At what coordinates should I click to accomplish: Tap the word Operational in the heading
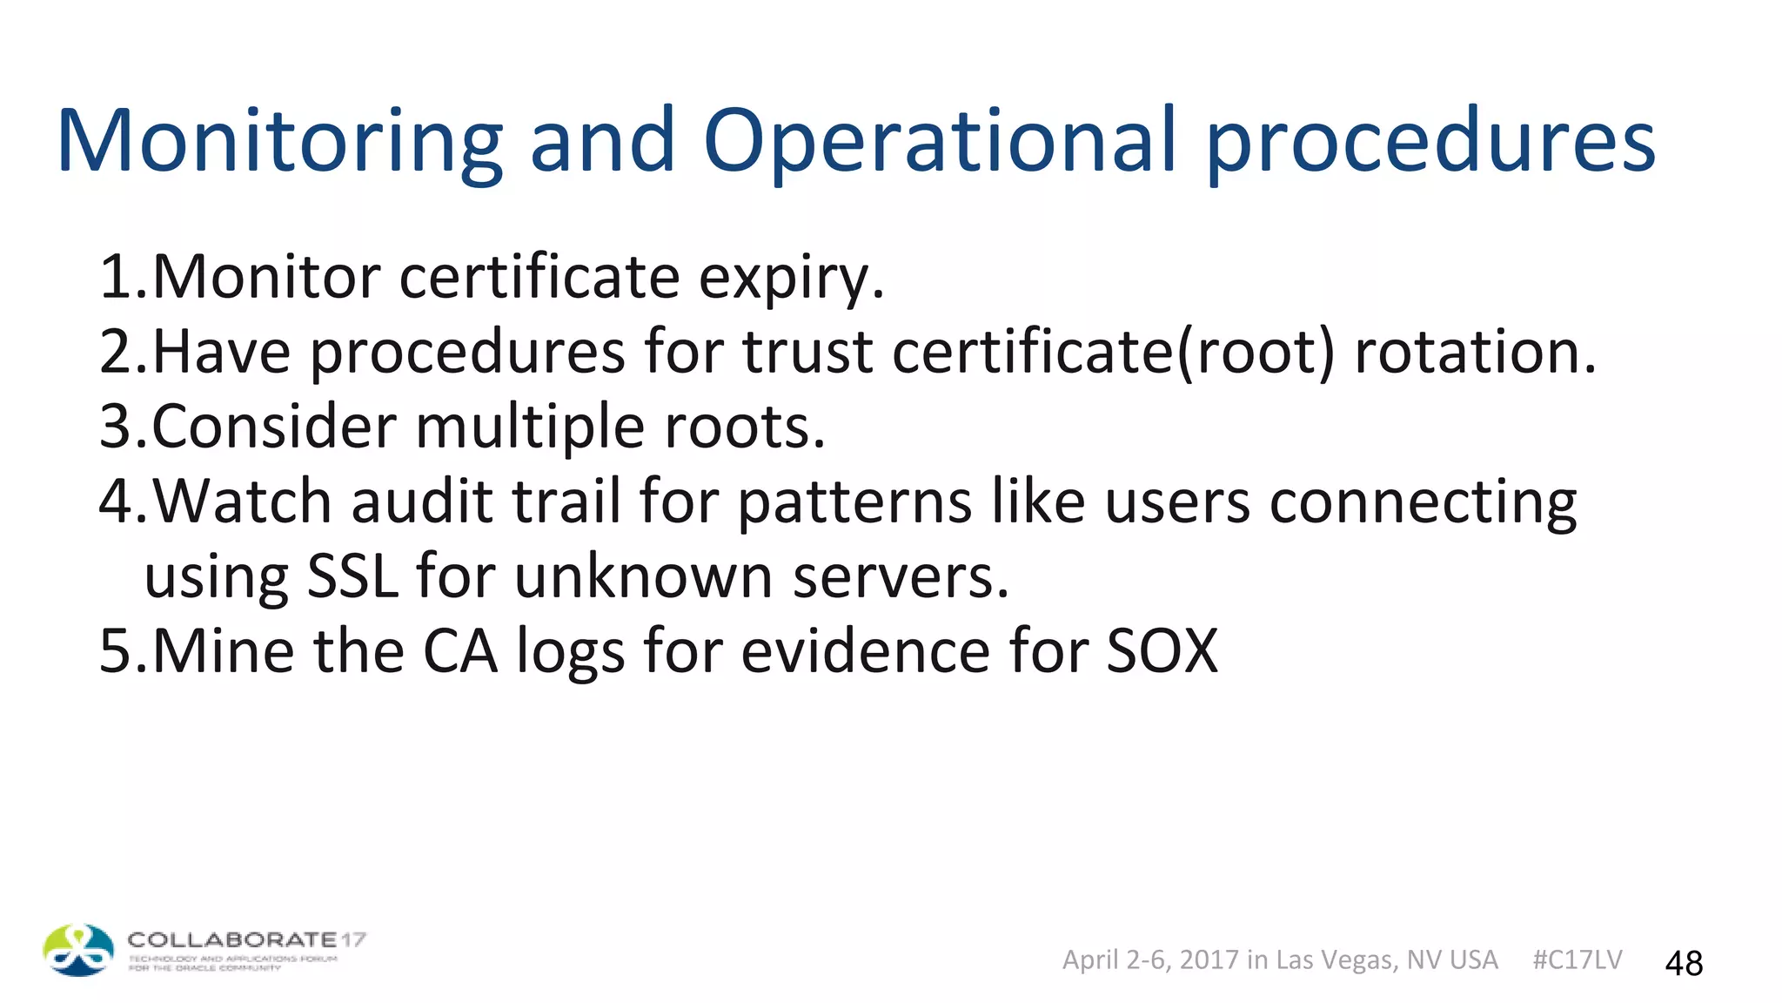940,141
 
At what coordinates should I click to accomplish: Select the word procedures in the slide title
1430,141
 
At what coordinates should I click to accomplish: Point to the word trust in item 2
807,352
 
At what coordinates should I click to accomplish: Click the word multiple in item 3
530,427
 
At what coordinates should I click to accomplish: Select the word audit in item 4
421,502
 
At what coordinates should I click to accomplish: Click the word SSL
352,577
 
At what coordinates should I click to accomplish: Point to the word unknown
643,577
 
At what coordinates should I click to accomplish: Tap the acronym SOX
1162,651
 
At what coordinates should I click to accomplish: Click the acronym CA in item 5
460,651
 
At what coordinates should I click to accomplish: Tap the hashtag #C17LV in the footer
1577,959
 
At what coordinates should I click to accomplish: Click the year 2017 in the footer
1209,959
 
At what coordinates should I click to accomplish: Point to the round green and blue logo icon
78,950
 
